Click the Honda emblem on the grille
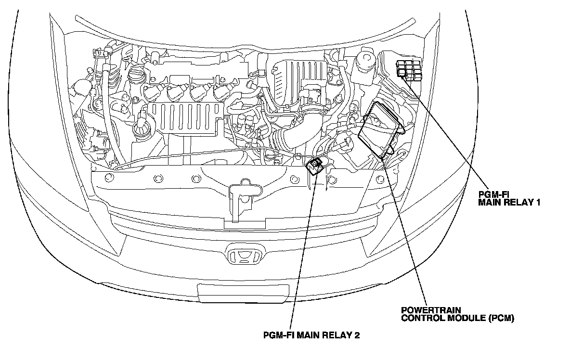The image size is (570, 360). (x=245, y=256)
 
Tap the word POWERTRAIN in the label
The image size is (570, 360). (x=426, y=310)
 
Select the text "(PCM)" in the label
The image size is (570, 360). (x=501, y=318)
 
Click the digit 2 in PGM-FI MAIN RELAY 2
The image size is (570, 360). (x=357, y=335)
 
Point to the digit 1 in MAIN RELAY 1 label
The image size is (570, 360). (x=538, y=203)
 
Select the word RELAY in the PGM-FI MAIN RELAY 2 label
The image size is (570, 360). (x=335, y=335)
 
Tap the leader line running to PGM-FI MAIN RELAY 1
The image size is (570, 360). (x=448, y=135)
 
